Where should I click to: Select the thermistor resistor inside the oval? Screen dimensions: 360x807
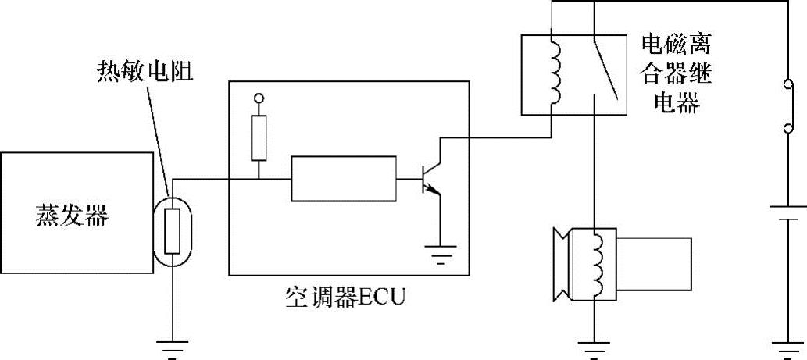tap(173, 226)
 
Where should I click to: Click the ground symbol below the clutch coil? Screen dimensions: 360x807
tap(595, 345)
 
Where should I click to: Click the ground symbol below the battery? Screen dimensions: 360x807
tap(784, 345)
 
